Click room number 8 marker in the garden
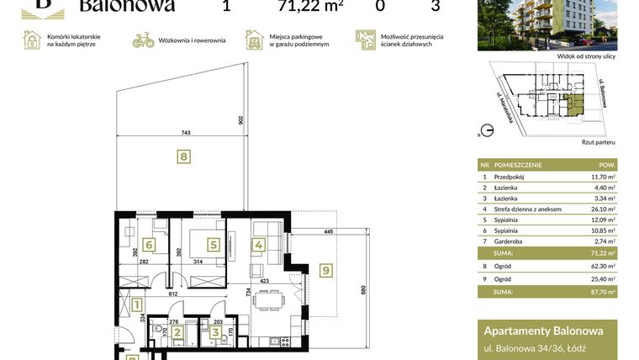coord(183,155)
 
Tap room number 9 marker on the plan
coord(325,270)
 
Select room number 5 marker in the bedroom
coord(214,245)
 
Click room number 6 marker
coord(150,245)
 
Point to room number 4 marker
coord(259,245)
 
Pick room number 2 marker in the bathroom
coord(177,332)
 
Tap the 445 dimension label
coord(328,232)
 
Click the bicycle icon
coord(144,40)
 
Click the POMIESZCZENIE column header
coord(519,165)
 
